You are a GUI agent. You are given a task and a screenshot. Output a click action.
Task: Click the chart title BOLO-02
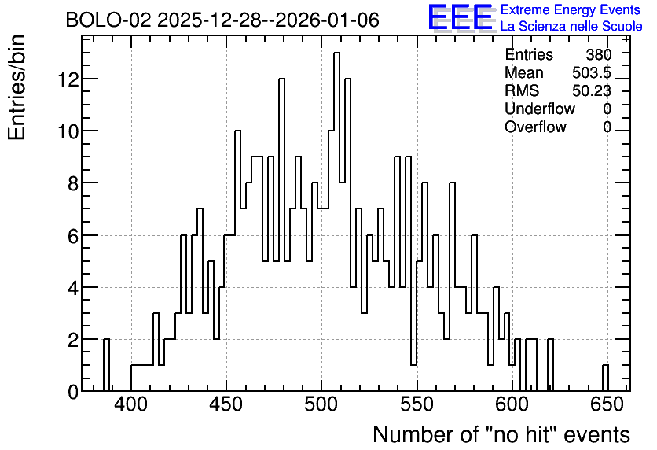click(x=108, y=20)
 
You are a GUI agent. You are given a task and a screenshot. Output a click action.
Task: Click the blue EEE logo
click(x=461, y=17)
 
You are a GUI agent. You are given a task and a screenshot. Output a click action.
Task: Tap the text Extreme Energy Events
click(x=571, y=9)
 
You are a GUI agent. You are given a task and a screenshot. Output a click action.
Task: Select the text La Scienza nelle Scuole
click(x=571, y=27)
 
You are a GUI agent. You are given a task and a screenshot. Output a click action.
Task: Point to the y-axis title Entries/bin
click(x=17, y=87)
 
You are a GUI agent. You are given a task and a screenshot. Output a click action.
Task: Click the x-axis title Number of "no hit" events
click(x=501, y=434)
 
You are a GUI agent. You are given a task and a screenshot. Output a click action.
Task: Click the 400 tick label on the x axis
click(x=131, y=404)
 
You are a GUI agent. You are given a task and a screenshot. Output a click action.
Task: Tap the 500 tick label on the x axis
click(x=321, y=404)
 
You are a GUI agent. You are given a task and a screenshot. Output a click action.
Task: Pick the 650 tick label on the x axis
click(x=607, y=404)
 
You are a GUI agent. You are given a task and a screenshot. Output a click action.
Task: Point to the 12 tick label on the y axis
click(x=68, y=79)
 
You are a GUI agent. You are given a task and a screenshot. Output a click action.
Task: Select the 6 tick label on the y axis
click(x=73, y=235)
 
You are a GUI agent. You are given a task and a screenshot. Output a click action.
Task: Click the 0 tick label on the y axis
click(x=73, y=392)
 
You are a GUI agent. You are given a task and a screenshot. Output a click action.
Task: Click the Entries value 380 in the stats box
click(x=598, y=54)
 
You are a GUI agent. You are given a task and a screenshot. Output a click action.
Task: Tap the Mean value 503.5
click(x=592, y=72)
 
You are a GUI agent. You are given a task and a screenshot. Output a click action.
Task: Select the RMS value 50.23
click(x=592, y=90)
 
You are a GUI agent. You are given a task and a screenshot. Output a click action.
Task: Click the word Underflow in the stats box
click(x=540, y=109)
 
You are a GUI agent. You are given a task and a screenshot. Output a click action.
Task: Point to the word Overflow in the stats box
click(x=535, y=127)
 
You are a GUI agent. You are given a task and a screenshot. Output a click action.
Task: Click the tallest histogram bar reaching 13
click(x=336, y=222)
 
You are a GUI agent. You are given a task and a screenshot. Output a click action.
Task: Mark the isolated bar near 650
click(x=605, y=378)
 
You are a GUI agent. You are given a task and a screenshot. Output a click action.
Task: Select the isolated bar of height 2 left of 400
click(x=106, y=365)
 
